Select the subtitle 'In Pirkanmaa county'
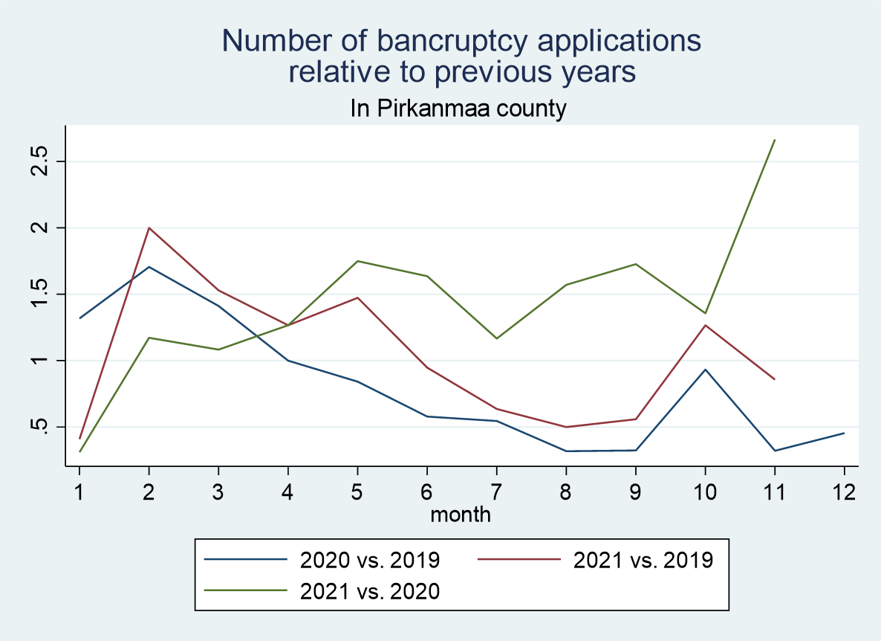[x=458, y=109]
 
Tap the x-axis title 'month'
[x=461, y=513]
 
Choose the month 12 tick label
[x=844, y=492]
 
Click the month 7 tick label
[x=496, y=492]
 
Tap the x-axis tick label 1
[x=79, y=492]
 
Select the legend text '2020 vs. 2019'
[x=370, y=559]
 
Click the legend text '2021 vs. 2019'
[x=643, y=559]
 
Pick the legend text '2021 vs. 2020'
[x=370, y=591]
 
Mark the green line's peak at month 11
[x=775, y=140]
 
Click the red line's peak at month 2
[x=149, y=228]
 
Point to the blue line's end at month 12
[x=844, y=433]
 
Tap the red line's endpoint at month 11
[x=775, y=379]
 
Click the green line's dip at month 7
[x=496, y=338]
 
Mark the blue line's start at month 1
[x=79, y=318]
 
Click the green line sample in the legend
[x=245, y=591]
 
